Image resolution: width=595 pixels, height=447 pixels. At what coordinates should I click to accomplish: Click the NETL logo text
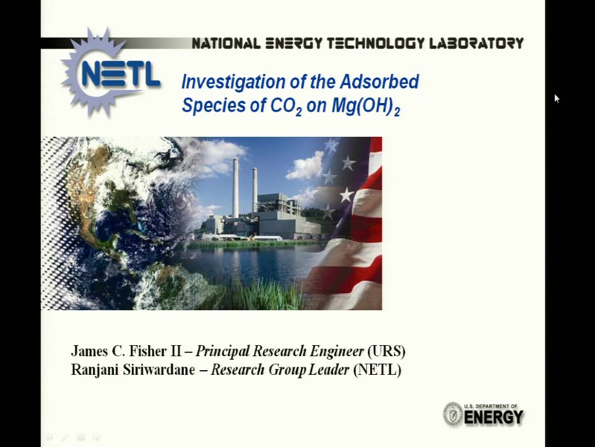[121, 74]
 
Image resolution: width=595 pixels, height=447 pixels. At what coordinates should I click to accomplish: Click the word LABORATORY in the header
[476, 43]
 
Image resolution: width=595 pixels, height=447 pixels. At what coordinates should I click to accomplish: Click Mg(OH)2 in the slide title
[365, 107]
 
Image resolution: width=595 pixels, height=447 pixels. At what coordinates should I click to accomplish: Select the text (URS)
[386, 351]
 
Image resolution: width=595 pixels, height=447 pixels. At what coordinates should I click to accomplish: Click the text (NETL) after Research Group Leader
[377, 370]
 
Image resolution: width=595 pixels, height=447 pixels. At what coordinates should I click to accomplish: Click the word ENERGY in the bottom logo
[494, 417]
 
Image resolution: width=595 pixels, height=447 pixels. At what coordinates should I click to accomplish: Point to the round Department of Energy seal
[453, 414]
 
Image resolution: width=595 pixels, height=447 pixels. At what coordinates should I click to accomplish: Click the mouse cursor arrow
[557, 98]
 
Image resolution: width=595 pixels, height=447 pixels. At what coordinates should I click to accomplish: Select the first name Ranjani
[95, 370]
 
